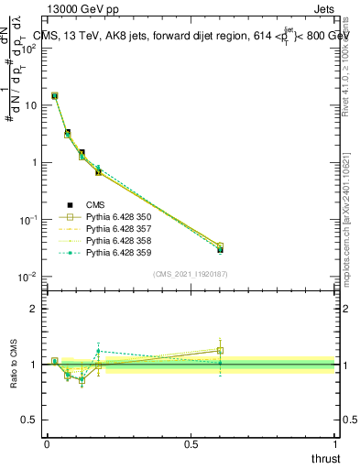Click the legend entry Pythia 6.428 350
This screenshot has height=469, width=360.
click(119, 217)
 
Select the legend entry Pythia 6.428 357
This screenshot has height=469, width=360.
click(119, 229)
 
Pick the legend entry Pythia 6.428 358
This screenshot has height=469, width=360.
click(119, 241)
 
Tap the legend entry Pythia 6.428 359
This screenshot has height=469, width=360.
click(119, 253)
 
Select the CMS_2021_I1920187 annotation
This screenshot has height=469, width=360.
click(191, 274)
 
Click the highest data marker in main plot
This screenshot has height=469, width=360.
click(55, 95)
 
